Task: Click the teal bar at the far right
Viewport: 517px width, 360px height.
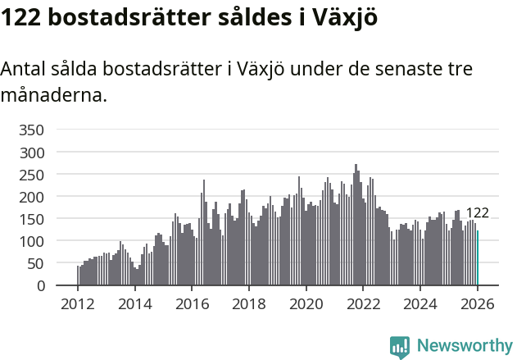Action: coord(478,258)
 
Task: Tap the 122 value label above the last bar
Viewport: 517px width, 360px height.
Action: coord(477,213)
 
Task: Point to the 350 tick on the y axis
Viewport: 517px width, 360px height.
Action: coord(31,130)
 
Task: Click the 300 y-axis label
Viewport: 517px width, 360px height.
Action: coord(31,153)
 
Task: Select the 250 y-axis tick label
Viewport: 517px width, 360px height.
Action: coord(31,175)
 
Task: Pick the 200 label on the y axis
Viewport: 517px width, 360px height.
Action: coord(31,197)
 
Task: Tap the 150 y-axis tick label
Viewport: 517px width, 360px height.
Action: coord(31,219)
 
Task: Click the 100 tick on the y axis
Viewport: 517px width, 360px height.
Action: coord(31,241)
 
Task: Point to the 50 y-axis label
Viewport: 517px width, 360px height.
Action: coord(35,263)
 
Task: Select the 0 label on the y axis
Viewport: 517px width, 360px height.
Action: coord(39,286)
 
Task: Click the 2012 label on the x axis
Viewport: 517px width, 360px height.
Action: coord(78,303)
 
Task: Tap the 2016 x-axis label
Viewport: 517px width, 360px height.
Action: coord(192,303)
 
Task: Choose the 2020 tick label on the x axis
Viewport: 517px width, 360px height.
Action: coord(306,303)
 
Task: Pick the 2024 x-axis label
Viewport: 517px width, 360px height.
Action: coord(420,303)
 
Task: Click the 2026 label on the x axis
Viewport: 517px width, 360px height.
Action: coord(477,303)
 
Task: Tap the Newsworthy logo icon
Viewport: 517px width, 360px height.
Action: coord(400,347)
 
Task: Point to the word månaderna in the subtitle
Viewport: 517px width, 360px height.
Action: coord(54,95)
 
